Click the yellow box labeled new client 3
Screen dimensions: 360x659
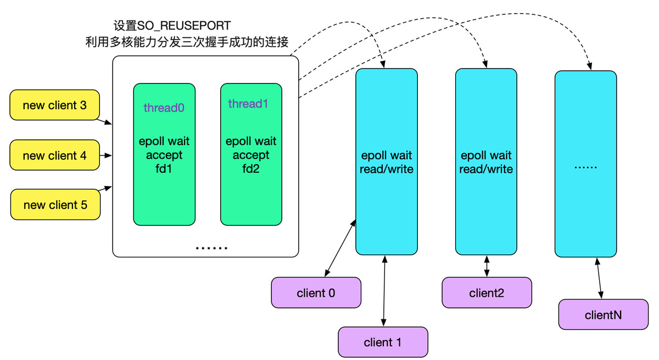coord(55,105)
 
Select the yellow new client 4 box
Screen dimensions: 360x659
coord(55,155)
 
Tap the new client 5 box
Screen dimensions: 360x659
coord(55,205)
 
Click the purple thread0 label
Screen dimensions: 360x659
coord(164,108)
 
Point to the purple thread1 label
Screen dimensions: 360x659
coord(248,104)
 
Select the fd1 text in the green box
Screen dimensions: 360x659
coord(164,169)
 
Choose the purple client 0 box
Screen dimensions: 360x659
coord(316,292)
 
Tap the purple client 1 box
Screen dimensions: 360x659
coord(383,342)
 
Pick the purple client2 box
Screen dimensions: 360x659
coord(487,292)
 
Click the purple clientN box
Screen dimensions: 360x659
coord(603,314)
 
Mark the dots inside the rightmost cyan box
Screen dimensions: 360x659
coord(585,165)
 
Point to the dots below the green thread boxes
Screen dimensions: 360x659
coord(211,248)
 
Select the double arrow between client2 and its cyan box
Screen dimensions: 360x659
coord(487,266)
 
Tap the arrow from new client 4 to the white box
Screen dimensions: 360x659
coord(107,155)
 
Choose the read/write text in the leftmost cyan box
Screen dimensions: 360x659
coord(386,169)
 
